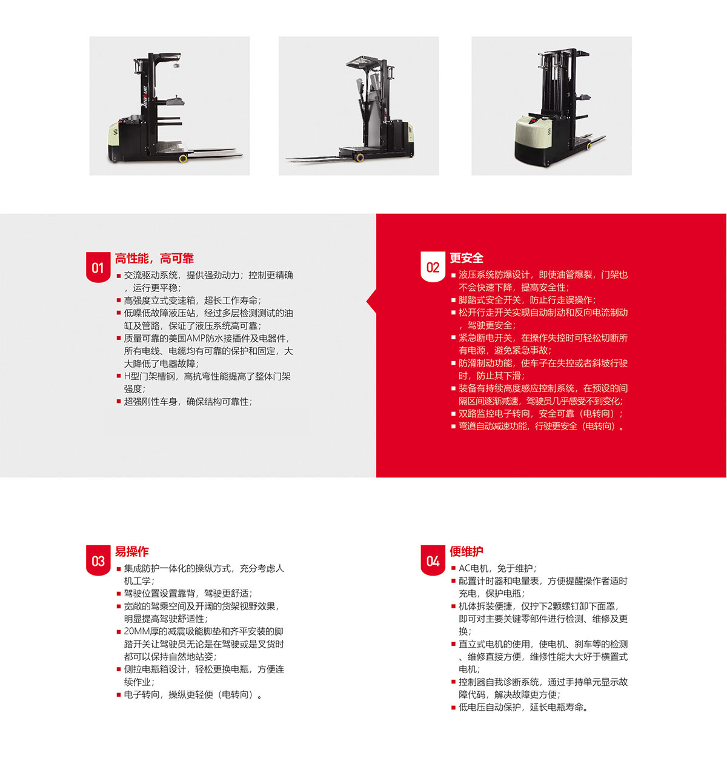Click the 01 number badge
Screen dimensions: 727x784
98,267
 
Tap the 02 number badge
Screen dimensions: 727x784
433,267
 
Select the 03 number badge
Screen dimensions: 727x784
98,560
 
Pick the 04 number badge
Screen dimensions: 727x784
433,560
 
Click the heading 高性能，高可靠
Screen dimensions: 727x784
154,259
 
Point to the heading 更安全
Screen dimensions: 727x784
466,257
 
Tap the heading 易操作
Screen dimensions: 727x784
132,551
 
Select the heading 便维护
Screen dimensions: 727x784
466,551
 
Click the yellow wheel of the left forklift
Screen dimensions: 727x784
183,159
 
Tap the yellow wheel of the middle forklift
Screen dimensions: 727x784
360,158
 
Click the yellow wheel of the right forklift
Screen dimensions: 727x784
589,147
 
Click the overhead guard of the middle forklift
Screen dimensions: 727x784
364,62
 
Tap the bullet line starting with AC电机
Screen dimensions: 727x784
497,568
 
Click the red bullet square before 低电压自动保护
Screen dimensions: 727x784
453,708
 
